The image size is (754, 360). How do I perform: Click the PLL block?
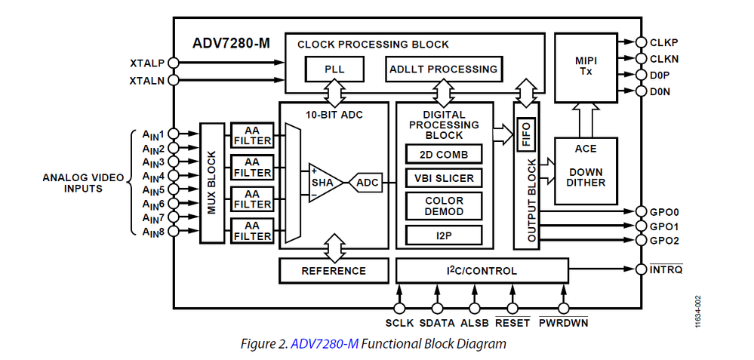[x=334, y=69]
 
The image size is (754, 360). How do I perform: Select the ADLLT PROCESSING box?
[x=443, y=69]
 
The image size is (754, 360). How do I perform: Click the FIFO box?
[x=526, y=134]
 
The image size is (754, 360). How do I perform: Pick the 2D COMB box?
[x=444, y=154]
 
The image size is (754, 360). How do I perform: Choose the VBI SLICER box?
[x=444, y=179]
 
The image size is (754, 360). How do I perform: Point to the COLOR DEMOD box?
[x=444, y=207]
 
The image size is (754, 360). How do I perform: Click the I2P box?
[x=444, y=235]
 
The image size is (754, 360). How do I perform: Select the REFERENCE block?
[x=334, y=270]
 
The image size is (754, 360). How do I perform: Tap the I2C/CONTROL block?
[x=482, y=270]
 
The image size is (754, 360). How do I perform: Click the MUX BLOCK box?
[x=213, y=182]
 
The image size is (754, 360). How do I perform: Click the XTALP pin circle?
[x=173, y=63]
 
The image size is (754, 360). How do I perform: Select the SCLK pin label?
[x=399, y=324]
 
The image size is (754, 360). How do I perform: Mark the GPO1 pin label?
[x=664, y=226]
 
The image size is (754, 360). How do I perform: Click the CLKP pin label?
[x=664, y=43]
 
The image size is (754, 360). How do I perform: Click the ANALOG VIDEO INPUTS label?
[x=84, y=183]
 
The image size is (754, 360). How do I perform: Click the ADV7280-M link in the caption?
[x=325, y=344]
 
